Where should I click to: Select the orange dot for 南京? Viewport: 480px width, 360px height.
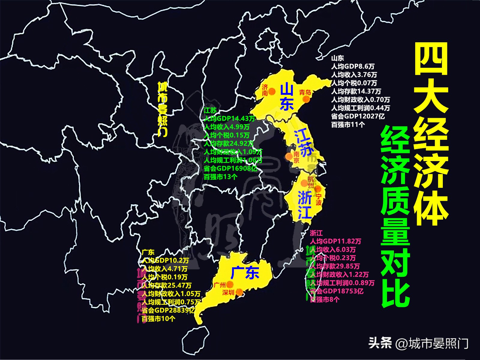coord(289,156)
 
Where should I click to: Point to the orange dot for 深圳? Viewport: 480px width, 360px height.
coord(239,292)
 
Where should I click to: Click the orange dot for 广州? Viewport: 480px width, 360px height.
coord(230,284)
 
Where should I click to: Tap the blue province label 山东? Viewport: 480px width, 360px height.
coord(286,97)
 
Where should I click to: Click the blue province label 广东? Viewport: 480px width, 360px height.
coord(244,273)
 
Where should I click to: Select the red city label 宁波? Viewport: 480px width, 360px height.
coord(318,199)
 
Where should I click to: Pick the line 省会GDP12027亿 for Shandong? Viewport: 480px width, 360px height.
coord(358,116)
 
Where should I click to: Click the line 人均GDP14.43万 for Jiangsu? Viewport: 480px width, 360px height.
coord(229,118)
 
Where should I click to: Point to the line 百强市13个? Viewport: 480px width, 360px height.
coord(220,177)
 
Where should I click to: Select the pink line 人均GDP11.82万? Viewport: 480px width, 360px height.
coord(335,241)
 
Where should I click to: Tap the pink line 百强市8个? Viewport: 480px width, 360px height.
coord(325,299)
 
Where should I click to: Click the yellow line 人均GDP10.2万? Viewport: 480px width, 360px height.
coord(165,260)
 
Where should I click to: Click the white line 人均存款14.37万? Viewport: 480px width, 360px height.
coord(356,91)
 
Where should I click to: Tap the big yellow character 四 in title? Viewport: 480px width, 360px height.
coord(431,59)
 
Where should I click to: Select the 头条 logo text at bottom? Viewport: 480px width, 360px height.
coord(380,343)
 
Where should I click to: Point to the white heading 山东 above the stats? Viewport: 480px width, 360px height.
coord(337,58)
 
